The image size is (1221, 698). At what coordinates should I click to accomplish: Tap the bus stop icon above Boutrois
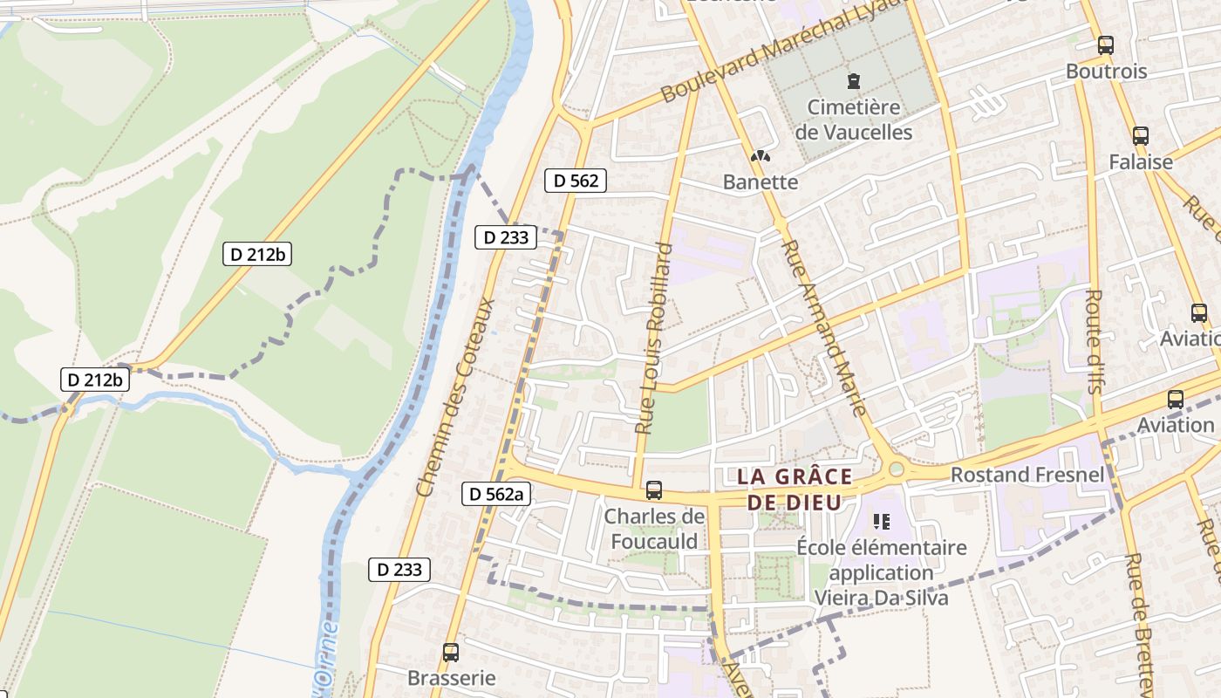tap(1106, 45)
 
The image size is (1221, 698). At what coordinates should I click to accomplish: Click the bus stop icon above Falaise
tap(1140, 135)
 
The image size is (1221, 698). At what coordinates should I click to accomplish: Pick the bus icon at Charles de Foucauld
tap(654, 490)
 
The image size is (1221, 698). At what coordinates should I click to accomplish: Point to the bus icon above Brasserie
tap(451, 652)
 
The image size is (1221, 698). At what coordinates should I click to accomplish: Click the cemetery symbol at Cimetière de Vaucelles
tap(853, 81)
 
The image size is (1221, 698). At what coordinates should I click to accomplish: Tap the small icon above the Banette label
tap(761, 156)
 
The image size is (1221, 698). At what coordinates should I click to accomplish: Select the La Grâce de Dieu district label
tap(795, 489)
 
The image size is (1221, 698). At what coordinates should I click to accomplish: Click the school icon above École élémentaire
tap(881, 522)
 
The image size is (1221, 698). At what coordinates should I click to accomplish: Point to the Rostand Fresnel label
tap(1027, 475)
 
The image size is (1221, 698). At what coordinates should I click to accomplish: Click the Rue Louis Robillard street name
tap(654, 339)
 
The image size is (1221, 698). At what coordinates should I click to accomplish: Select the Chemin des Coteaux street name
tap(456, 397)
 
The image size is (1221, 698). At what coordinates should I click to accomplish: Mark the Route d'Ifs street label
tap(1092, 341)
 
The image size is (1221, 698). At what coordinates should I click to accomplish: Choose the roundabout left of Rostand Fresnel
tap(896, 470)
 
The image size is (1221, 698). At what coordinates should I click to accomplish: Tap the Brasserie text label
tap(451, 678)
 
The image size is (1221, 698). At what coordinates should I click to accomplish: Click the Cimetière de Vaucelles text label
tap(853, 120)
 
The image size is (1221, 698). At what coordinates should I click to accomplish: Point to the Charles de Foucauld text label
tap(654, 529)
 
